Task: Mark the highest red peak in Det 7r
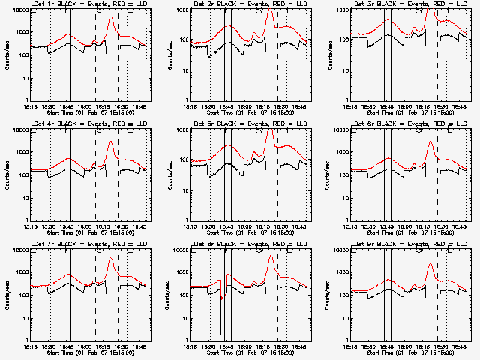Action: coord(110,259)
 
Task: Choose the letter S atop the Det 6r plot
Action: coord(418,131)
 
